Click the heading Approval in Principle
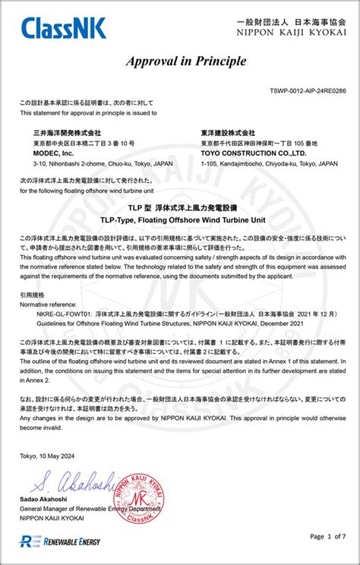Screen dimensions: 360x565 point(180,65)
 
